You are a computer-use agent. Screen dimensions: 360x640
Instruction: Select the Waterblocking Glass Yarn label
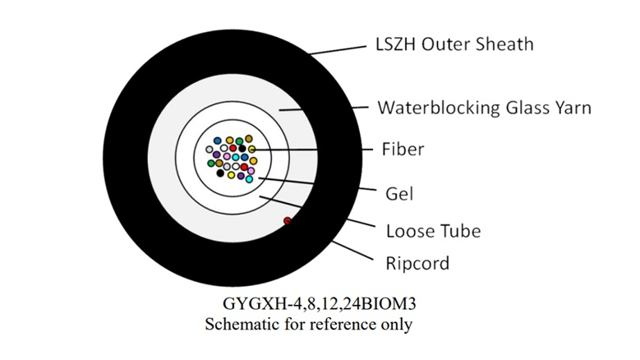coord(484,108)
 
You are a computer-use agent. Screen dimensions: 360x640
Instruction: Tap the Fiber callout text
coord(403,150)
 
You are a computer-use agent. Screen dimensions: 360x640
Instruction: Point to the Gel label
coord(398,195)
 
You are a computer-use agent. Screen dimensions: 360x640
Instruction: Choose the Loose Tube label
coord(433,230)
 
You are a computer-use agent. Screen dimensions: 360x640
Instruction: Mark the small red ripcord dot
coord(288,220)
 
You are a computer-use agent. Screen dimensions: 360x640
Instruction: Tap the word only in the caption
coord(396,324)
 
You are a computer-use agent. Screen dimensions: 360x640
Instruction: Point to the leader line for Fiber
coord(312,150)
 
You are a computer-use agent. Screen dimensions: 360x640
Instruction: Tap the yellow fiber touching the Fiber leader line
coord(252,149)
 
